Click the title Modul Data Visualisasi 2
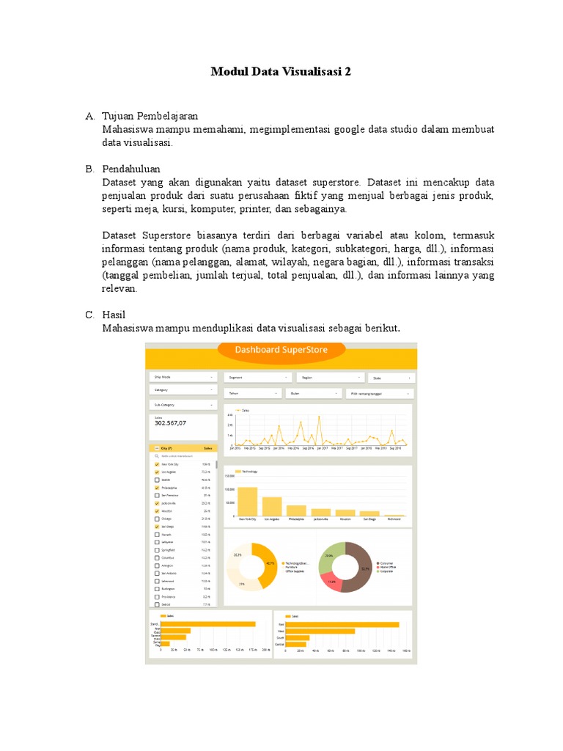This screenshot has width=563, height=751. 281,71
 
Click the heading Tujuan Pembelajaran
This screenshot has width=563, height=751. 150,116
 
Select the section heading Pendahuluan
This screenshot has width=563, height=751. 131,169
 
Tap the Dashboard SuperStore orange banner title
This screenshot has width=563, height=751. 282,350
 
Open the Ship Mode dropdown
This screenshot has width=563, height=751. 183,377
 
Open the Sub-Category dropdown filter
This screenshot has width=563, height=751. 183,404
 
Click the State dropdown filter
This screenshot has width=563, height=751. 391,378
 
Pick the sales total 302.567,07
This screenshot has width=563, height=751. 170,423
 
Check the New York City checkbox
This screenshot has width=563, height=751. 157,465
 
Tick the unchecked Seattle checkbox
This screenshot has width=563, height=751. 157,480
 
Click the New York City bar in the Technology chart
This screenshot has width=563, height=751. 247,502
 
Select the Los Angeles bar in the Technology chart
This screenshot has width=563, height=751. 272,507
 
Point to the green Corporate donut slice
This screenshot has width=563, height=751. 330,554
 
